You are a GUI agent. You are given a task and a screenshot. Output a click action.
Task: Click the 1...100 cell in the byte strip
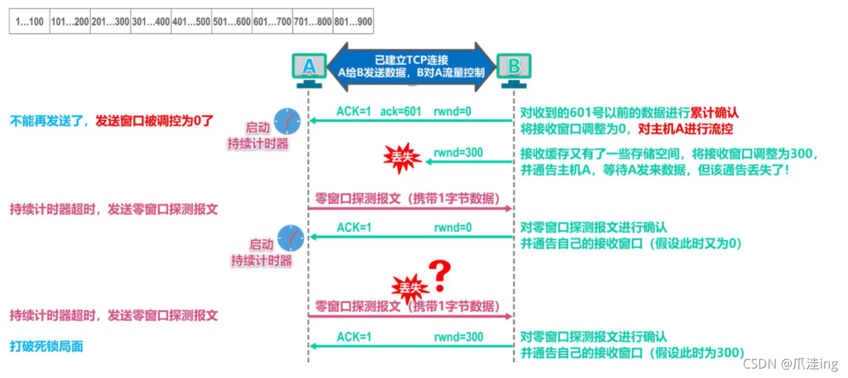29,22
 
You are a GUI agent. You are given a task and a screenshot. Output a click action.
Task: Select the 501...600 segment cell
231,22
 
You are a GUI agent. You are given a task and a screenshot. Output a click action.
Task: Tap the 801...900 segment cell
352,22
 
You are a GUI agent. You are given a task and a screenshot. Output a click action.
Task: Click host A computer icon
309,69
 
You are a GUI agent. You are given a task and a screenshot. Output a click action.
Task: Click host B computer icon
513,69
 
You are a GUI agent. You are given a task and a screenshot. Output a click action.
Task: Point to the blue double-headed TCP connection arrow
411,66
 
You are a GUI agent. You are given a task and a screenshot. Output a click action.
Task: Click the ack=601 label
400,111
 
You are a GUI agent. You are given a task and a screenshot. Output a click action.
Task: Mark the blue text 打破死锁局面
47,346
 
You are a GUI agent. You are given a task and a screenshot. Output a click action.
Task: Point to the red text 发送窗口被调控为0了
154,122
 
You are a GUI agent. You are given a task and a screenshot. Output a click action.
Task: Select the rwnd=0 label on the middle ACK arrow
452,228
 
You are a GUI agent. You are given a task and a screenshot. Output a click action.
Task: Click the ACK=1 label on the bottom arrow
354,337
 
